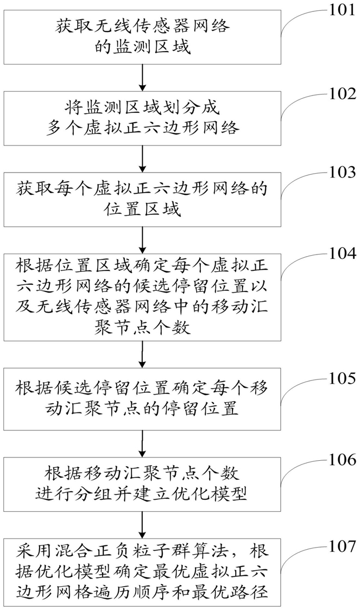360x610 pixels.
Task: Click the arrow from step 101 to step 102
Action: [x=142, y=78]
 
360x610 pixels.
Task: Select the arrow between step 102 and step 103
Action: [x=142, y=160]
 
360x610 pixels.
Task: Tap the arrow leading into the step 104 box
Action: [x=142, y=239]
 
